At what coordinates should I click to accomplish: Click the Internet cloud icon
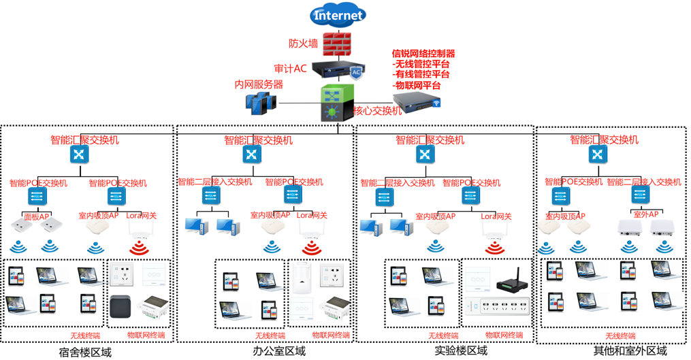point(338,15)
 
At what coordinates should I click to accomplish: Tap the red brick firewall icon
point(337,45)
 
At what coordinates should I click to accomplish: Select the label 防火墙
point(303,44)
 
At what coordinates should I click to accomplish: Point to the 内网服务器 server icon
point(261,103)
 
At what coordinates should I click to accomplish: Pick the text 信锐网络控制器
point(423,54)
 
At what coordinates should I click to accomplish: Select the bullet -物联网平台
point(417,86)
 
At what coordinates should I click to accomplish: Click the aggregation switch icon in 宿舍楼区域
point(80,154)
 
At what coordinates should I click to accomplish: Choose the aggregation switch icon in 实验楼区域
point(425,154)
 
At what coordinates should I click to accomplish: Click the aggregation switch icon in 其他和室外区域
point(598,154)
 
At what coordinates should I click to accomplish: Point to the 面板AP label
point(37,217)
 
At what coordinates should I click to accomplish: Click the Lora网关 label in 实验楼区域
point(496,216)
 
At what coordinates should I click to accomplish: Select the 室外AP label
point(647,214)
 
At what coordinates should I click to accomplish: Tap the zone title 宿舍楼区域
point(85,351)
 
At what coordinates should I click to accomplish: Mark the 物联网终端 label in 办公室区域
point(331,336)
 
